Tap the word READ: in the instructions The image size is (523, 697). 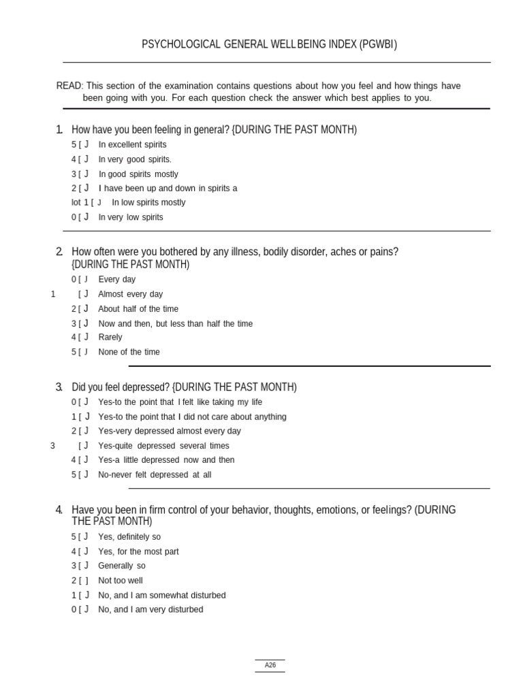[x=69, y=86]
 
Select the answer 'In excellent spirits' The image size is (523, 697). [x=132, y=144]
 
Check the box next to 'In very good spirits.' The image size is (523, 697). [x=83, y=159]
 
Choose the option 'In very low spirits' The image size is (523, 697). [x=131, y=217]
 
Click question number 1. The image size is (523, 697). [x=59, y=130]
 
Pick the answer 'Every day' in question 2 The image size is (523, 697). [x=116, y=279]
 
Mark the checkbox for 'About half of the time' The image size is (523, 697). [x=83, y=309]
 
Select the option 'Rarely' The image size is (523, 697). [x=110, y=337]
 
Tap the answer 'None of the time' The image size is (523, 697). [x=129, y=352]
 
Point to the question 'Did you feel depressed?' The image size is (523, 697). [x=121, y=387]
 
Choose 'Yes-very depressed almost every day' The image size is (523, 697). [x=170, y=431]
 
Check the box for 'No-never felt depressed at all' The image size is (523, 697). [x=83, y=474]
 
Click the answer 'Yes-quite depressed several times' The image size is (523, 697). [x=163, y=446]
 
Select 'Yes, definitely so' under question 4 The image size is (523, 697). [x=129, y=536]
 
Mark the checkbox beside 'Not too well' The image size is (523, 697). [x=83, y=581]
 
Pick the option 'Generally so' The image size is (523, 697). [x=122, y=566]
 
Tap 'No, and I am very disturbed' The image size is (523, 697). [x=150, y=609]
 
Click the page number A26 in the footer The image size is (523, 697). [x=270, y=665]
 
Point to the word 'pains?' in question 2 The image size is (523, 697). [x=383, y=252]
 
